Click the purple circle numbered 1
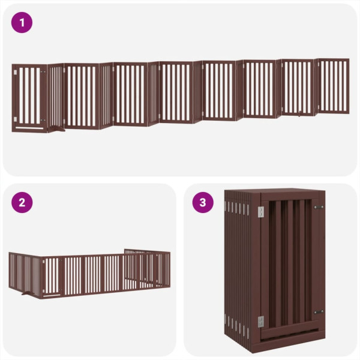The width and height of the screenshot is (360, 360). (x=22, y=23)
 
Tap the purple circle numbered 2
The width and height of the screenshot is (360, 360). (x=22, y=202)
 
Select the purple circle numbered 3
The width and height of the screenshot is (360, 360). (x=203, y=202)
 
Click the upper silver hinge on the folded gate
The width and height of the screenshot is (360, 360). (x=260, y=212)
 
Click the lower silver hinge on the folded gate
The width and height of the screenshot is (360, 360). (x=260, y=322)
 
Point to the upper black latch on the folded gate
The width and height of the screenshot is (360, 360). (x=318, y=207)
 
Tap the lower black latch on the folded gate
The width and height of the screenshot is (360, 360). (x=318, y=312)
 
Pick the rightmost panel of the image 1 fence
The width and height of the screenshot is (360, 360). (x=333, y=85)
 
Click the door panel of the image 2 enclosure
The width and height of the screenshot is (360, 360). (x=52, y=276)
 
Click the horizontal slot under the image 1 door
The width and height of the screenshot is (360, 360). (x=28, y=127)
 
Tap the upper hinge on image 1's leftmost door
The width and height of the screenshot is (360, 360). (x=15, y=74)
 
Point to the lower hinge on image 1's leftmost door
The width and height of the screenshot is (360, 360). (x=15, y=119)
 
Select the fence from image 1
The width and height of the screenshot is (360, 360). (x=180, y=93)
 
